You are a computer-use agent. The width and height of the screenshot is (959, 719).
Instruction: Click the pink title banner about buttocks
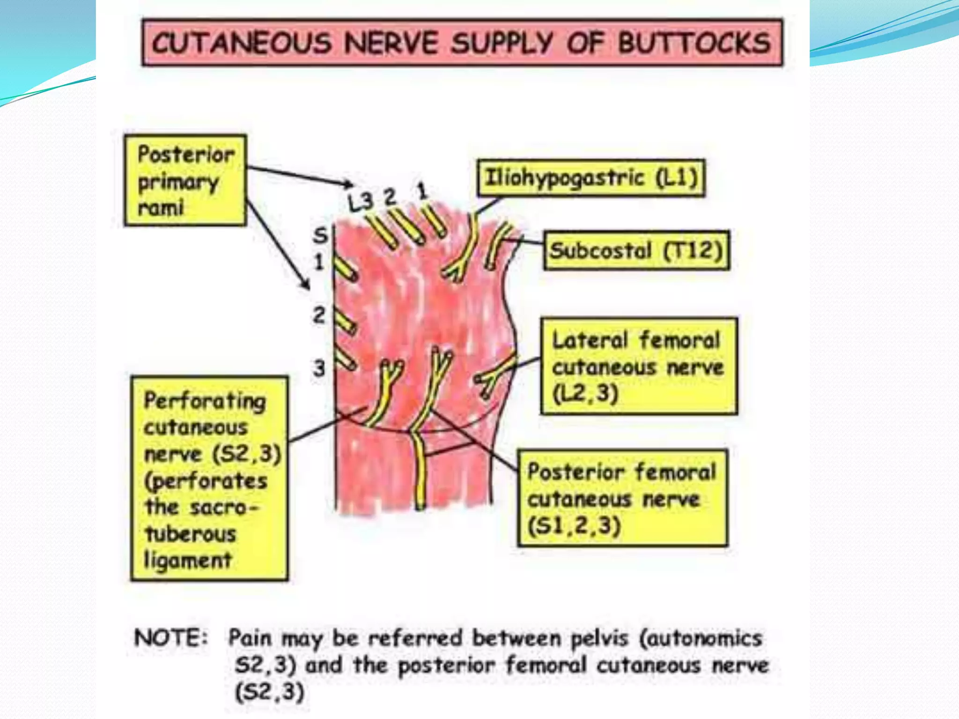point(462,43)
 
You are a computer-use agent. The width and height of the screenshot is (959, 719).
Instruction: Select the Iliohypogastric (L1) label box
point(591,178)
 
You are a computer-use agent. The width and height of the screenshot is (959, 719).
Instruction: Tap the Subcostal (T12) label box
point(636,250)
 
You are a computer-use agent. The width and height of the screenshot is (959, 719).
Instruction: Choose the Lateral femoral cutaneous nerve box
point(639,366)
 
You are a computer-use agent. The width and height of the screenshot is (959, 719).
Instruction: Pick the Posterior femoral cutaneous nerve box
point(622,498)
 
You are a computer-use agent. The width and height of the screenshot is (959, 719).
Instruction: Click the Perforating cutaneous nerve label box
point(209,478)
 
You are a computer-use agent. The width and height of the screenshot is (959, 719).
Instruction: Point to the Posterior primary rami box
point(185,181)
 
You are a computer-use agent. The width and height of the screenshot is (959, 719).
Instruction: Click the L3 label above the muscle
point(360,202)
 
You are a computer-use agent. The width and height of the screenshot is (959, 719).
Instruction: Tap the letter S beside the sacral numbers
point(320,235)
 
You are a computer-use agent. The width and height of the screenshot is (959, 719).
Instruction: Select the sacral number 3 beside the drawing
point(319,368)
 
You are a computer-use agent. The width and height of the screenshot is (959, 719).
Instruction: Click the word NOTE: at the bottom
point(170,638)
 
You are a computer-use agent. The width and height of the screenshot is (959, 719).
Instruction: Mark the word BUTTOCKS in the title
point(693,43)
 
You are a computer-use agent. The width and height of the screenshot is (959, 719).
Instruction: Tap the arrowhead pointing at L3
point(348,184)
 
